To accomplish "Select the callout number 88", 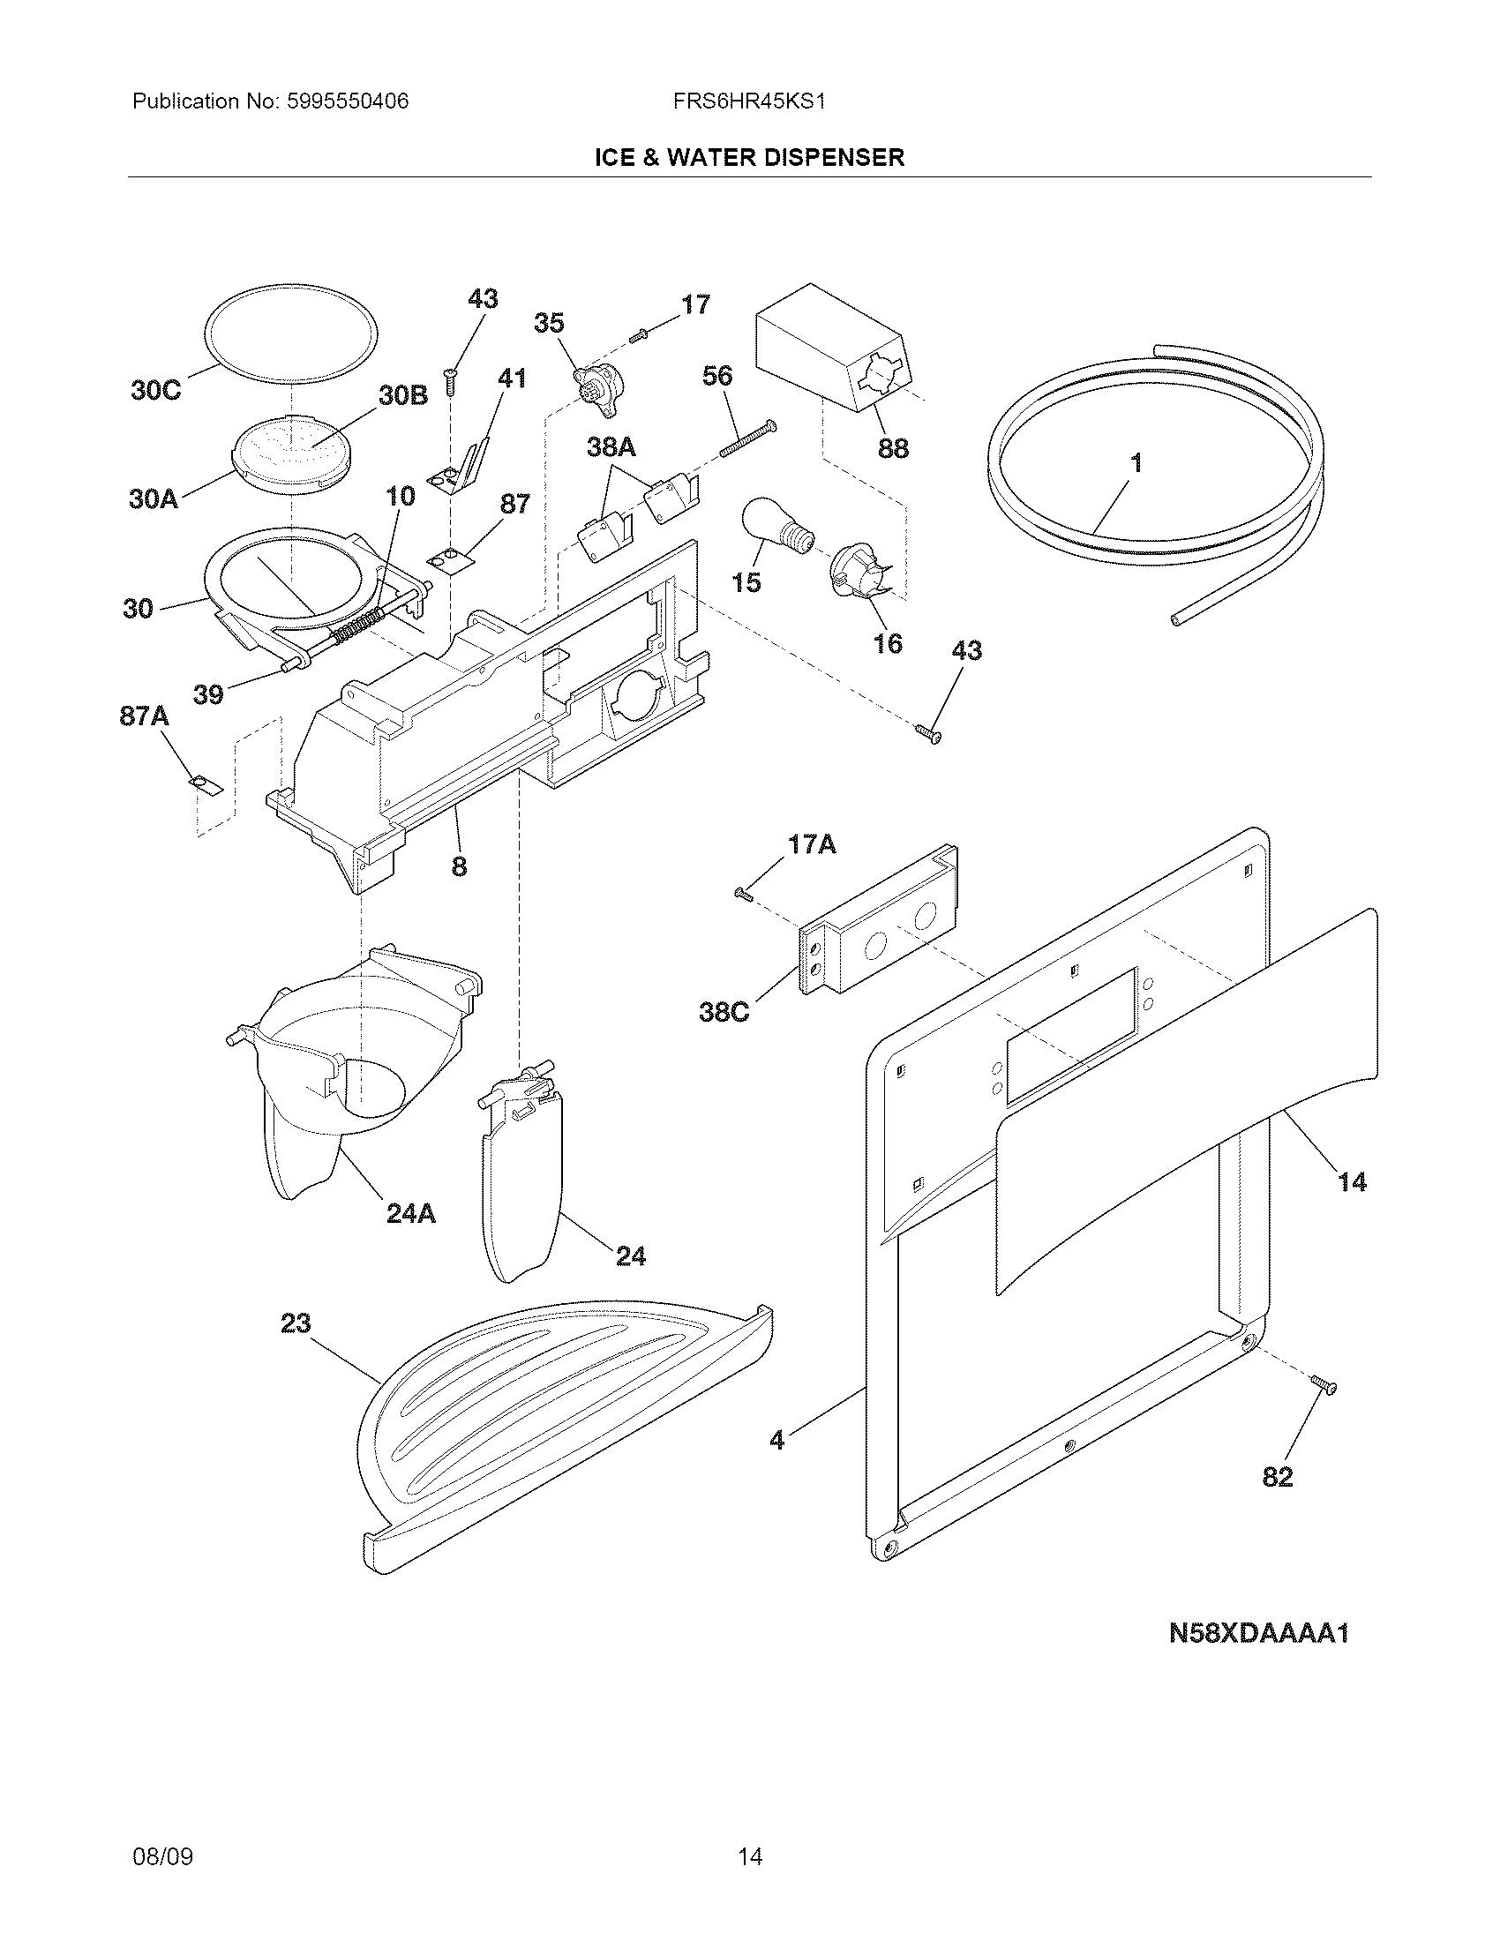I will pos(893,448).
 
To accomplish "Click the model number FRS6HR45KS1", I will pos(749,101).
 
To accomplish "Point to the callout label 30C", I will pos(155,390).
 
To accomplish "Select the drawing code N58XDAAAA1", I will pos(1258,1633).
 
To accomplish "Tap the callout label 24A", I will pos(410,1213).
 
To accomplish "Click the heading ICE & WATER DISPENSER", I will pos(749,157).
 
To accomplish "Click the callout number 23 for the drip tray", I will pos(296,1323).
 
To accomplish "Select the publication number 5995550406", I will pos(349,101).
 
